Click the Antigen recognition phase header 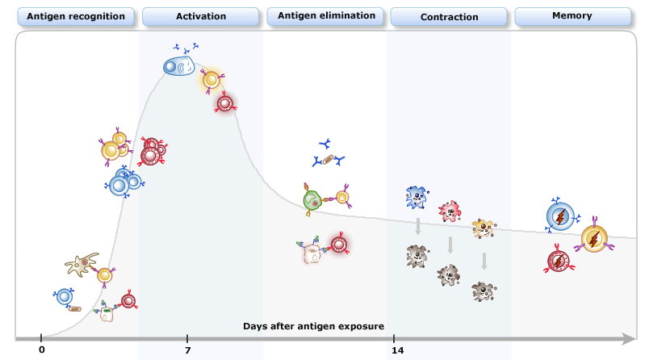(x=76, y=17)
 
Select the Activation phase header (x=201, y=17)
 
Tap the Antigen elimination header (x=326, y=16)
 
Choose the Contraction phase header (x=449, y=17)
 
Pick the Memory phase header (x=572, y=16)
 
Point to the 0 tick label (x=42, y=350)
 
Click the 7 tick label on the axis (x=188, y=350)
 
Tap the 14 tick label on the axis (x=398, y=350)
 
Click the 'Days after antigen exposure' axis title (x=313, y=326)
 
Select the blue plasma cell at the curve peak (x=179, y=66)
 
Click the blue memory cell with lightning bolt (x=560, y=217)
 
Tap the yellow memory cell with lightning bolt (x=594, y=239)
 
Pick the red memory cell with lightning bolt (x=559, y=262)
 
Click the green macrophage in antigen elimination (x=312, y=200)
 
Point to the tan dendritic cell (x=82, y=264)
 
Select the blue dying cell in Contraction (x=417, y=198)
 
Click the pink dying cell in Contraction (x=450, y=211)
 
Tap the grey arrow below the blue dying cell (x=418, y=226)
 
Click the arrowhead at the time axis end (x=629, y=339)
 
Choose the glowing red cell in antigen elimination (x=339, y=245)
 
